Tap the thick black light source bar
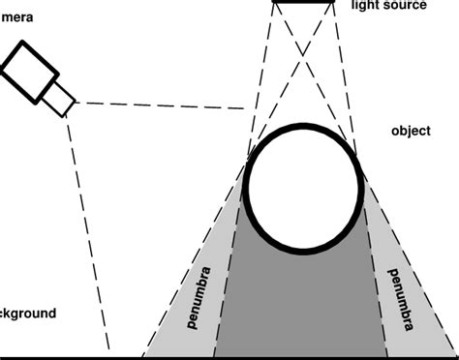(303, 3)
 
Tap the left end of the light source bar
(274, 3)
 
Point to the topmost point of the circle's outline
(302, 125)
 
